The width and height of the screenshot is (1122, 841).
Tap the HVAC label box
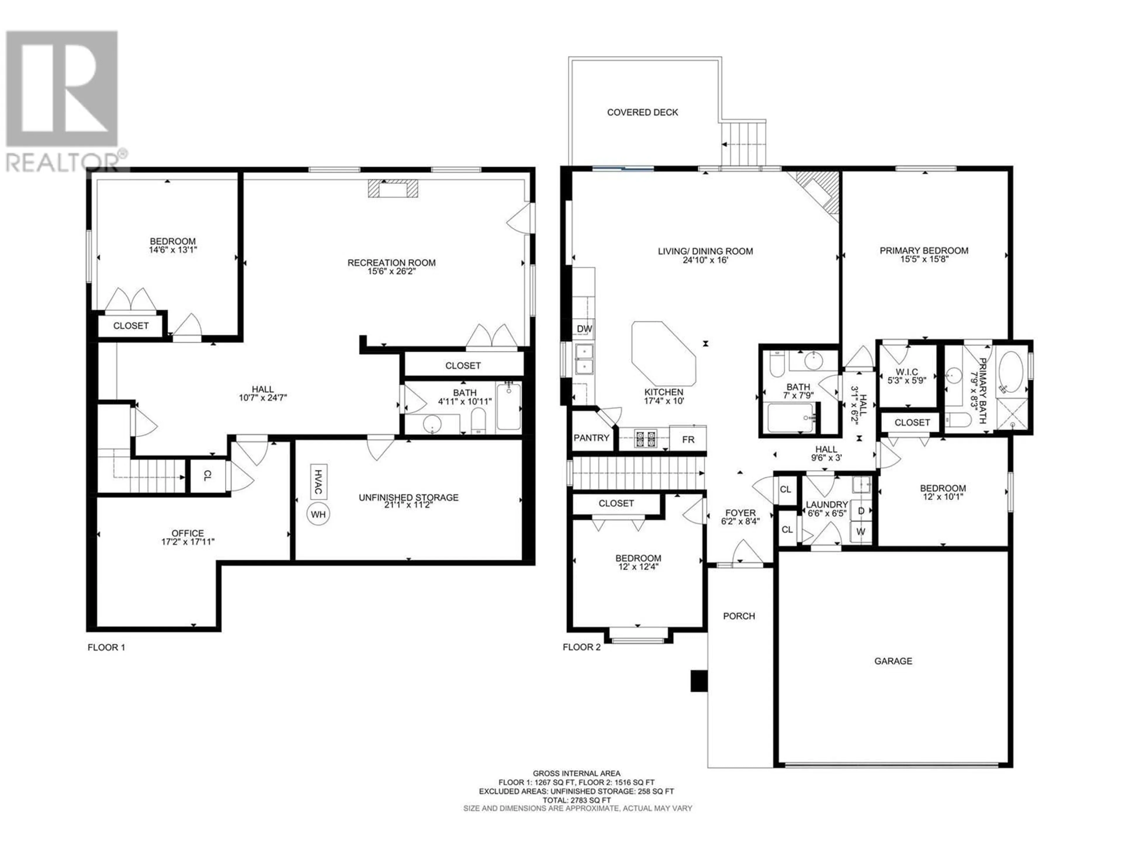[318, 482]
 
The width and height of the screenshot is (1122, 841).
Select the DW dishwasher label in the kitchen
[584, 329]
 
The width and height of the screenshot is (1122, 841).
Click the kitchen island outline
[664, 353]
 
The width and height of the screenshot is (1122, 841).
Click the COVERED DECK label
[643, 112]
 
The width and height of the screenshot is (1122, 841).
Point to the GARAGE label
[893, 661]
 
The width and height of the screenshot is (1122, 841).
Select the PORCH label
[739, 616]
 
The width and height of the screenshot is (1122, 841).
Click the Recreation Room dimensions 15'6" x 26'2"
[391, 271]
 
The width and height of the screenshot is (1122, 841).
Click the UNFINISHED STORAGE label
[408, 497]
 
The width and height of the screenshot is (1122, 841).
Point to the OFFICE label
[188, 533]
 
